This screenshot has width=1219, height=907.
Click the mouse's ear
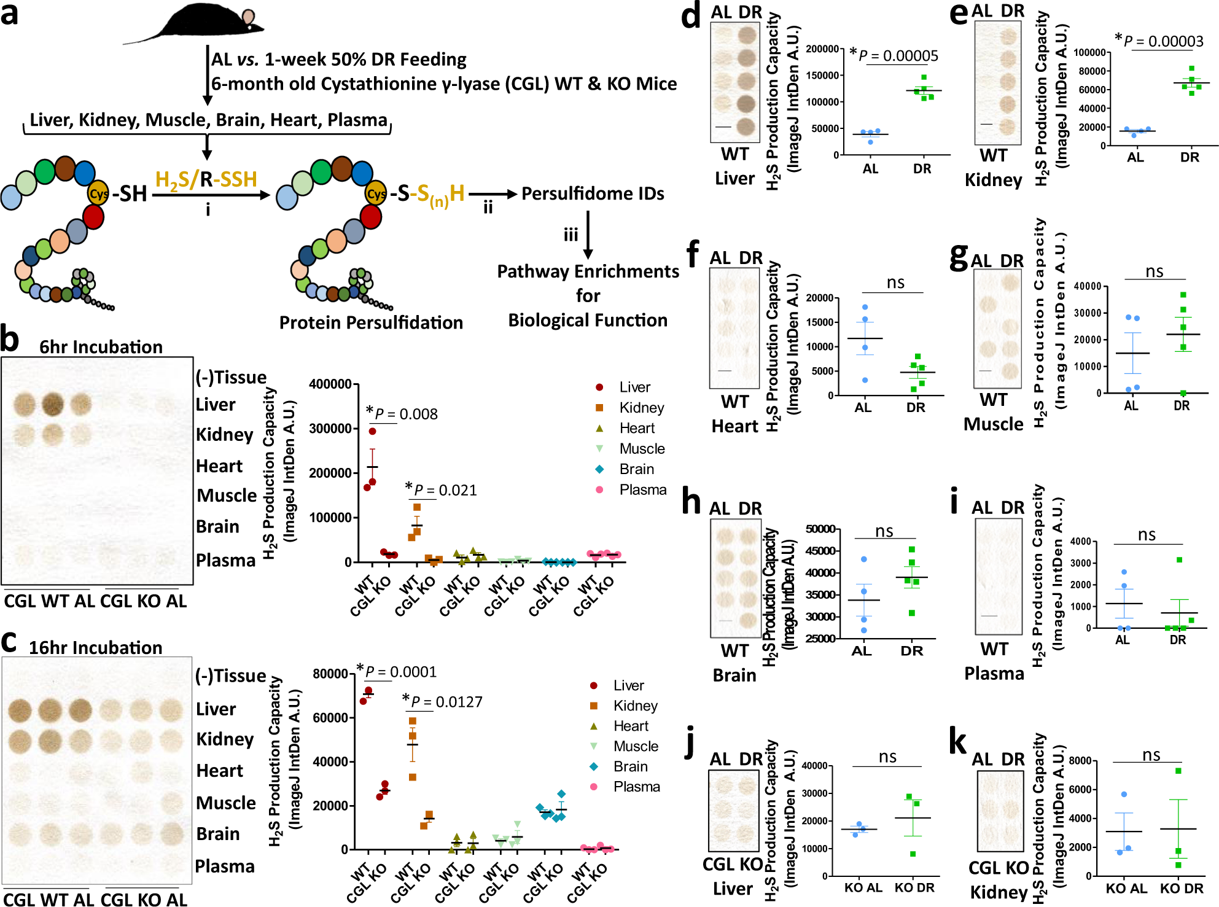click(248, 17)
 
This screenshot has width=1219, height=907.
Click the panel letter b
click(10, 340)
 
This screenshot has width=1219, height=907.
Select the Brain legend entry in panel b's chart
click(636, 469)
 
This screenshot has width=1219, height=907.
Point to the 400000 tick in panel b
click(330, 384)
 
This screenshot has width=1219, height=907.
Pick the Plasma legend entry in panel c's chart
click(636, 787)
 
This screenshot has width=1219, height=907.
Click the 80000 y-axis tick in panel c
click(330, 674)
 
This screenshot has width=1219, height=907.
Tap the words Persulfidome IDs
click(593, 194)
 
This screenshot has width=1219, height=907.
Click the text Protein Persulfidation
click(371, 322)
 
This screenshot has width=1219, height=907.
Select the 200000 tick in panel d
click(822, 49)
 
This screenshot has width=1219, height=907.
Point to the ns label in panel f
click(895, 282)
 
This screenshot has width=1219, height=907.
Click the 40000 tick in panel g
click(1087, 286)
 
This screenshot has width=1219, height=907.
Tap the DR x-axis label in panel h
click(911, 651)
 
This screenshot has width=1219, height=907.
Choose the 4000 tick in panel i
click(1080, 542)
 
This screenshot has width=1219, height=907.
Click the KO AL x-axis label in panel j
click(863, 888)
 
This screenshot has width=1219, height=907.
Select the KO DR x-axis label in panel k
click(1182, 889)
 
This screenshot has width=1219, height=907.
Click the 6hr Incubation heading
click(101, 347)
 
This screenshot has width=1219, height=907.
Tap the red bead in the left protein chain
click(93, 217)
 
